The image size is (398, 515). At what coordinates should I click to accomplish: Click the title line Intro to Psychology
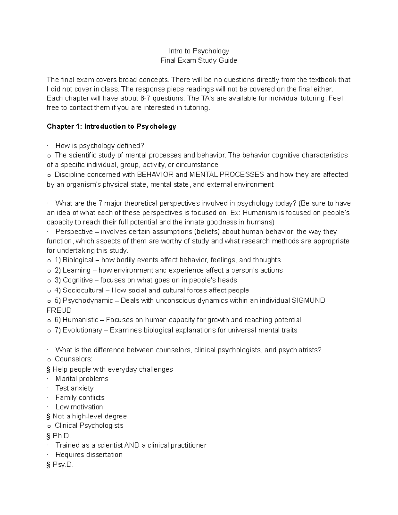tap(199, 51)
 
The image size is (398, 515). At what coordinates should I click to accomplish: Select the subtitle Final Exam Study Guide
tap(199, 60)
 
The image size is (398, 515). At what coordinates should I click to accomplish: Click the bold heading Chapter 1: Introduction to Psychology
tap(111, 126)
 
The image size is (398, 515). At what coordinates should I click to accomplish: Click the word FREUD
tap(59, 310)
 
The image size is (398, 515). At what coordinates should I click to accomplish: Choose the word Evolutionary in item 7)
tap(82, 330)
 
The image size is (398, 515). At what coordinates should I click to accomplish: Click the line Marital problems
tap(82, 379)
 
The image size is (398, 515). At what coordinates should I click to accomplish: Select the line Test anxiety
tap(74, 388)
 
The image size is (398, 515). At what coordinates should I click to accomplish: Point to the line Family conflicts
tap(80, 397)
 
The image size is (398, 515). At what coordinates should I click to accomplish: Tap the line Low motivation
tap(79, 407)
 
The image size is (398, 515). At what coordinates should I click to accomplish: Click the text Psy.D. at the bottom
tap(63, 465)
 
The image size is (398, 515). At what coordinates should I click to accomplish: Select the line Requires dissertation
tap(89, 455)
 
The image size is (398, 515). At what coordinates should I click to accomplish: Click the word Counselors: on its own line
tap(73, 359)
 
